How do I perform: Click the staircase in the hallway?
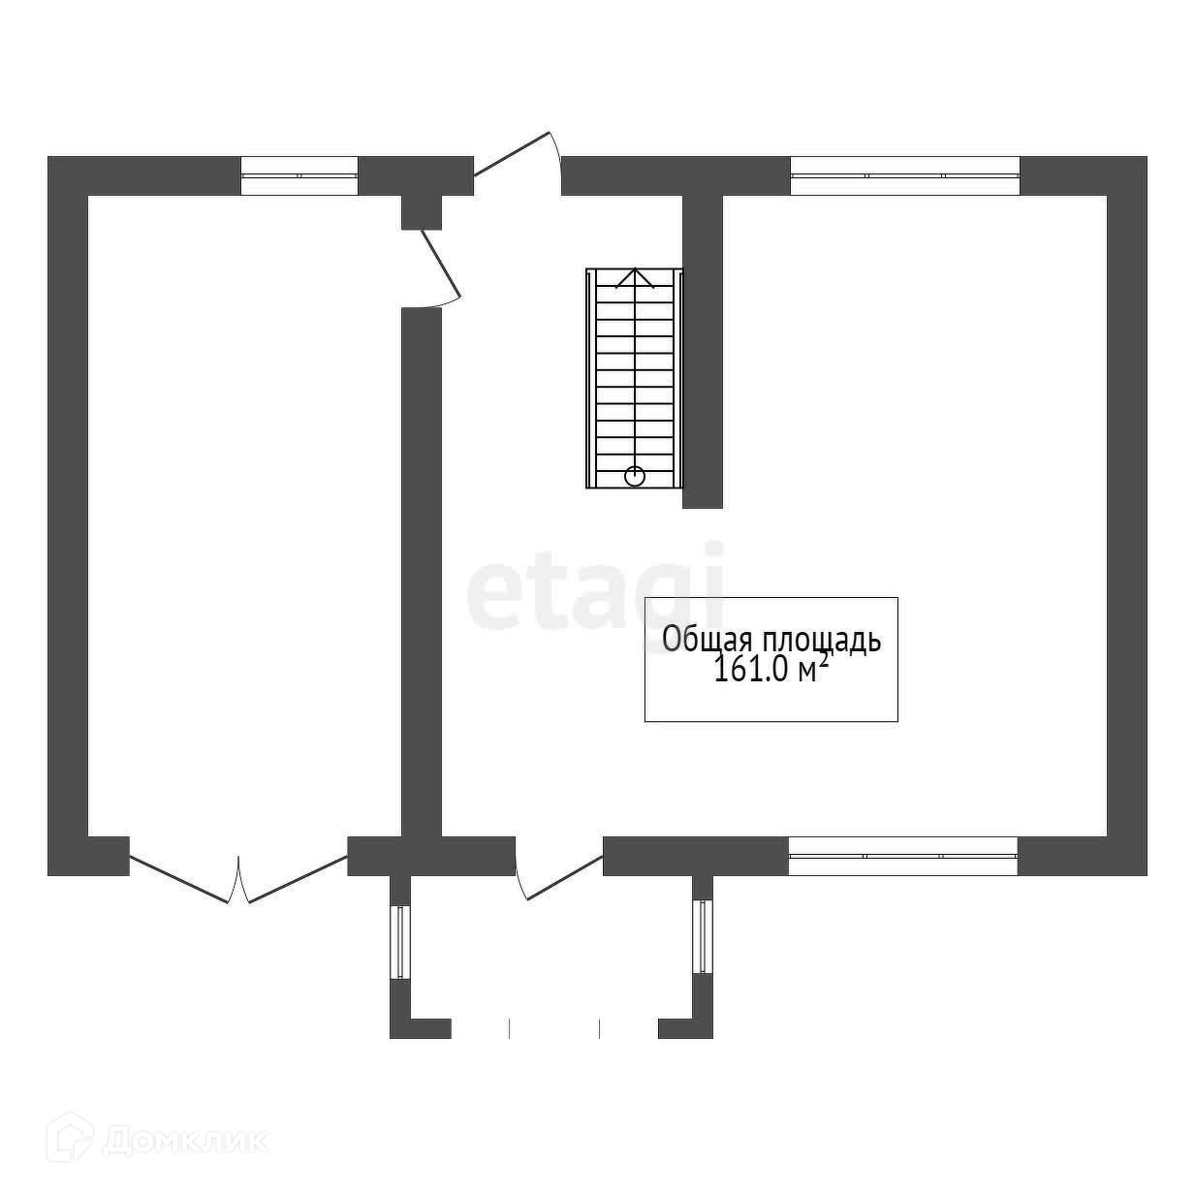635,378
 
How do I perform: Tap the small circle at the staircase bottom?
635,476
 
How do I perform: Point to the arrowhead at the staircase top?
634,277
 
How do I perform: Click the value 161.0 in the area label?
752,671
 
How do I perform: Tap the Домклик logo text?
184,1140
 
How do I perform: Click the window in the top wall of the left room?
299,175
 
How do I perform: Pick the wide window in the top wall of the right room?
905,175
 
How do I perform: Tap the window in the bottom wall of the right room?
902,856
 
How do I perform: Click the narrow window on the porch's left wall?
398,940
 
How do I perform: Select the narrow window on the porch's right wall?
703,936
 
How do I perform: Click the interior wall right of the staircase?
703,349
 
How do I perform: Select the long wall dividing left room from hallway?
422,572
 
